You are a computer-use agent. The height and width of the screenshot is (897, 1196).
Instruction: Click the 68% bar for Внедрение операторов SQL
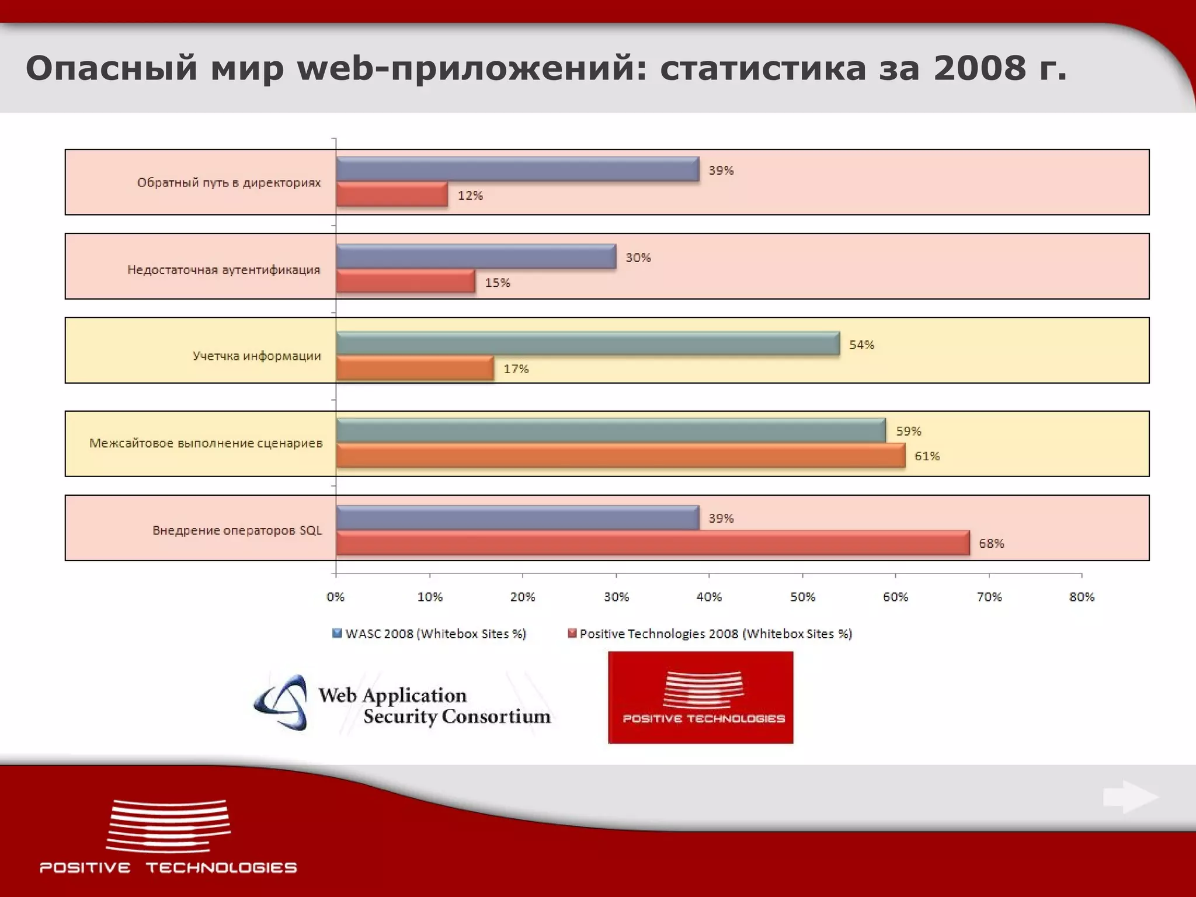(x=652, y=543)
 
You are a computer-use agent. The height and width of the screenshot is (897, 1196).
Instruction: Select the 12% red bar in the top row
(x=392, y=194)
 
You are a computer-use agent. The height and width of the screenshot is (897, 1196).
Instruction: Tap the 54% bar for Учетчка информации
(x=587, y=343)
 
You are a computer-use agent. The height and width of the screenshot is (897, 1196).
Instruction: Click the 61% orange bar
(x=620, y=456)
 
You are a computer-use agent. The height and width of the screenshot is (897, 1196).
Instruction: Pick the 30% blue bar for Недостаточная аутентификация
(x=476, y=257)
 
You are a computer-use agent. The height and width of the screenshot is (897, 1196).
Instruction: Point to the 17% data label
(x=516, y=369)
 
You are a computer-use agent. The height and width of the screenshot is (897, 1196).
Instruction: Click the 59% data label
(x=908, y=431)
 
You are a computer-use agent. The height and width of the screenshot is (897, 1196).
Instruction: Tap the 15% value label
(x=497, y=283)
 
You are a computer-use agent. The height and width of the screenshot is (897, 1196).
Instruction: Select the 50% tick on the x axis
(x=802, y=597)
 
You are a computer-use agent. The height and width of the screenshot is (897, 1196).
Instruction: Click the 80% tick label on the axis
(x=1082, y=597)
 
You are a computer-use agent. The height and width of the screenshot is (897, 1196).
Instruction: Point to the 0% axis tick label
(x=336, y=597)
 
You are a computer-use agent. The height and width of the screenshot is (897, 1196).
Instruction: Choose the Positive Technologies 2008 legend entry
(x=710, y=634)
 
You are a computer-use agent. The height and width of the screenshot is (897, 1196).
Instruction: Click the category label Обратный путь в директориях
(x=229, y=183)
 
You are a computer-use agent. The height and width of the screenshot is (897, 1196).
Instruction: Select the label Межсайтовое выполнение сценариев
(x=206, y=443)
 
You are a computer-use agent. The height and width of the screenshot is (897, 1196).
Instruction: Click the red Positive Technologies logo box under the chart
(x=701, y=697)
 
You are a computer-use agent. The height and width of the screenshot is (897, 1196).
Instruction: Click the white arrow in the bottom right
(x=1130, y=797)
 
